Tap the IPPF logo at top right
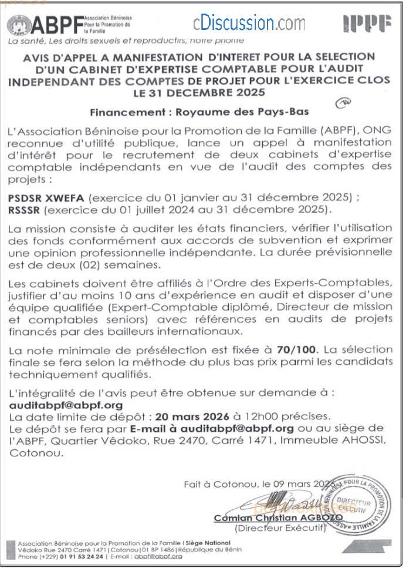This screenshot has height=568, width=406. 367,24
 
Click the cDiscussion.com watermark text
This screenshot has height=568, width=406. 249,23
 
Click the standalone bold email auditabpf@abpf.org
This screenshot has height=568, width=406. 66,405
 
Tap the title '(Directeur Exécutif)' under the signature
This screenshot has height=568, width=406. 280,528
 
